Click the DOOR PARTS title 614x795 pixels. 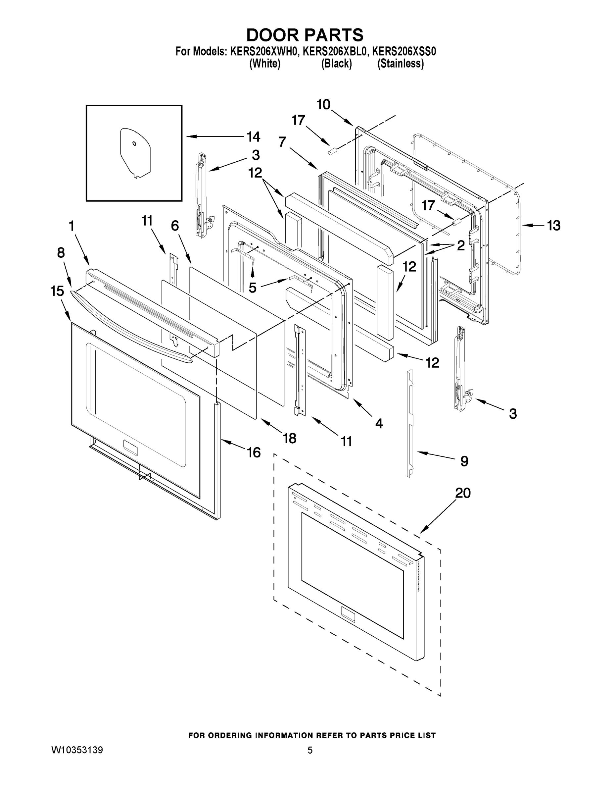[x=305, y=35]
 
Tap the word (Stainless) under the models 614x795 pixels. [x=401, y=64]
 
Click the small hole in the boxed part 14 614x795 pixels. [x=134, y=143]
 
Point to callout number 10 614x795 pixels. [x=323, y=104]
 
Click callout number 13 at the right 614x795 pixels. [x=554, y=226]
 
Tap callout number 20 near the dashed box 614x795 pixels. [x=463, y=493]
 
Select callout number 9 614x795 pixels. [x=464, y=461]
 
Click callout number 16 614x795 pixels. [x=254, y=452]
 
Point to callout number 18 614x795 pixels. [x=290, y=438]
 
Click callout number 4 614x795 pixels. [x=379, y=423]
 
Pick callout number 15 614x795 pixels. [x=57, y=291]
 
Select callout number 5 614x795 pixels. [x=252, y=288]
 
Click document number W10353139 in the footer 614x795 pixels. [x=77, y=750]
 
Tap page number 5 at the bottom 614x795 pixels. [x=310, y=750]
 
